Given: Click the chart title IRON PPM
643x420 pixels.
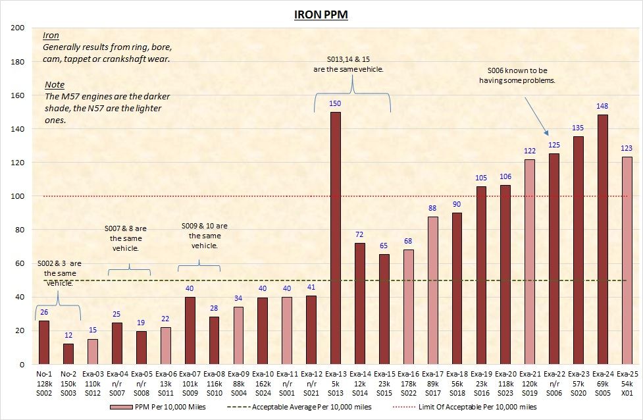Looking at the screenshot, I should click(x=321, y=14).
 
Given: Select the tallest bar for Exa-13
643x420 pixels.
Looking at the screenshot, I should click(x=335, y=238).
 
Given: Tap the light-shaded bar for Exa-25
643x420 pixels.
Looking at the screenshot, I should click(x=627, y=261).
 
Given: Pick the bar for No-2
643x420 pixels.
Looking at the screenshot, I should click(x=68, y=354).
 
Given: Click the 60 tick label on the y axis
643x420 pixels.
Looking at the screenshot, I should click(x=19, y=263).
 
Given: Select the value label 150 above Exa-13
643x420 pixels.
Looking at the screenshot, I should click(x=335, y=104).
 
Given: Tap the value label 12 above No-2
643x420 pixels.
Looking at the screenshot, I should click(x=68, y=336).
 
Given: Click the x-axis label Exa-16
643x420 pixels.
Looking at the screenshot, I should click(x=408, y=373).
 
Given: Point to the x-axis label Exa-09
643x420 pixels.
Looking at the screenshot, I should click(x=238, y=373).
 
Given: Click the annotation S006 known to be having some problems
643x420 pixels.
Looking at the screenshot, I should click(x=517, y=75).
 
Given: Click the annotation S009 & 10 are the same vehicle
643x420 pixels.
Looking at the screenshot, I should click(x=203, y=236).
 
